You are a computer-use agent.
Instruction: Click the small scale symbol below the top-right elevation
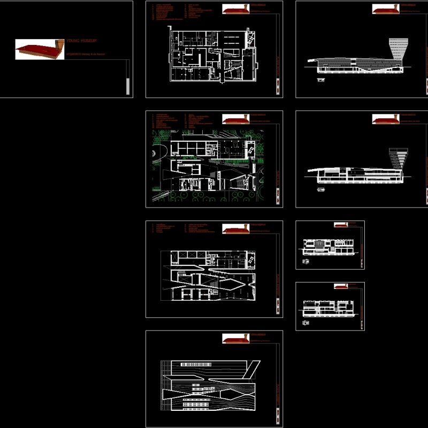click(321, 80)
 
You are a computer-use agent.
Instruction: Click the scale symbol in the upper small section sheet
click(307, 261)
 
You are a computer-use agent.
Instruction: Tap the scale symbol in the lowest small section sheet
click(307, 322)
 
